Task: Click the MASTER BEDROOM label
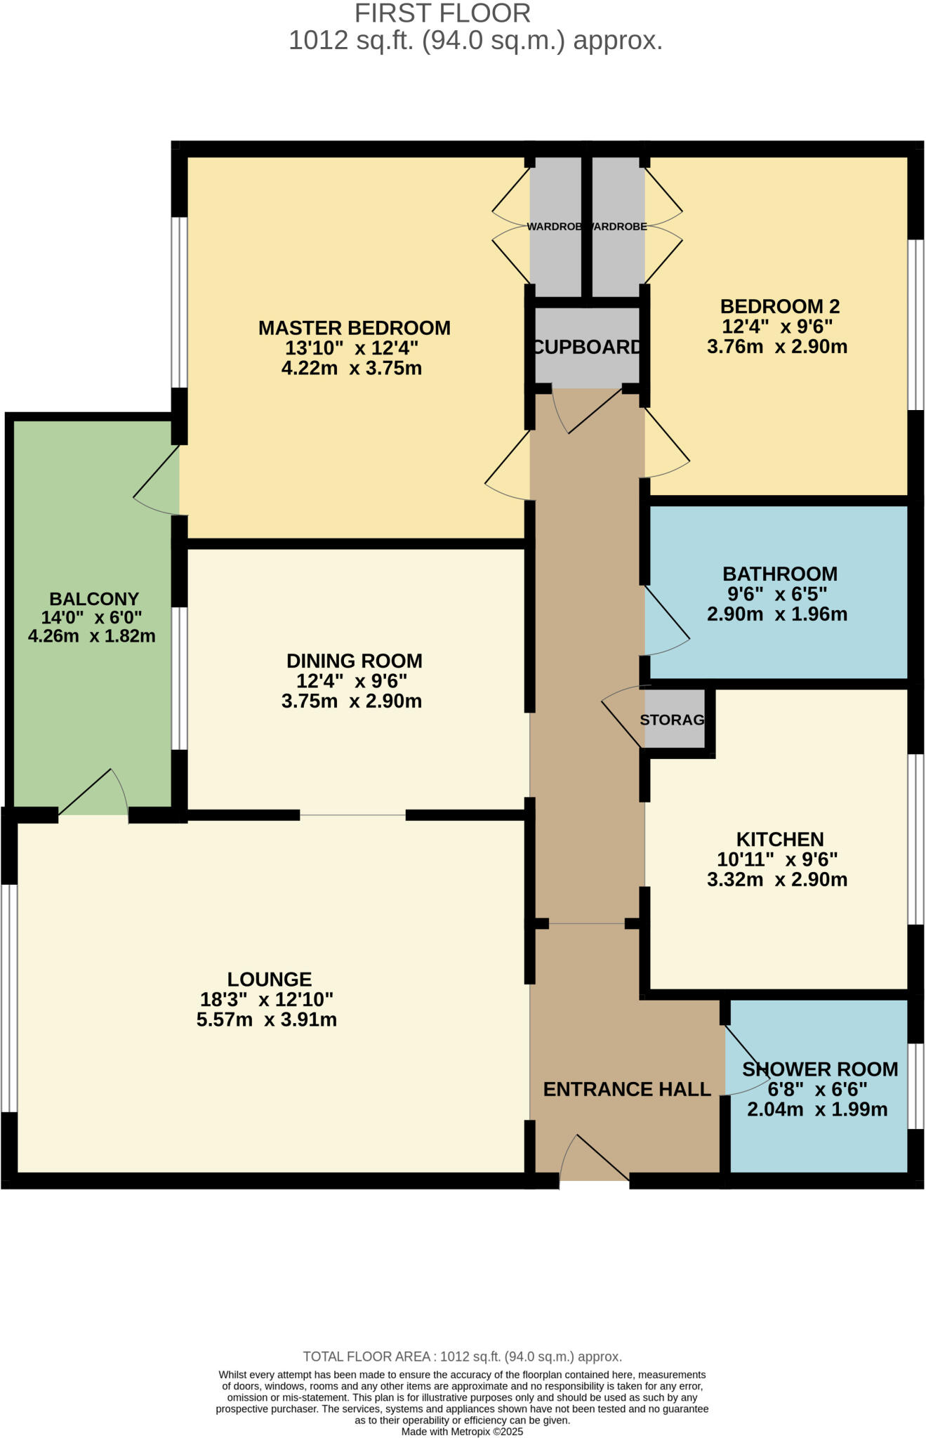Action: pos(354,328)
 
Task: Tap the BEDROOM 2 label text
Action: pos(779,306)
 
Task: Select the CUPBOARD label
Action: pos(587,347)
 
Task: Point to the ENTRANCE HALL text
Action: pos(627,1089)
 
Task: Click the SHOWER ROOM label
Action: pos(819,1069)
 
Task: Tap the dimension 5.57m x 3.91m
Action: pos(267,1020)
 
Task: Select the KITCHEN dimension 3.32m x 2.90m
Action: pos(776,879)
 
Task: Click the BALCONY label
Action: pos(94,599)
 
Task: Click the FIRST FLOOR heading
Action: pos(442,13)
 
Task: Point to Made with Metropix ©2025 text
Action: pos(462,1432)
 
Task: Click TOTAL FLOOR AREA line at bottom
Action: pos(462,1357)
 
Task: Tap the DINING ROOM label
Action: pos(354,661)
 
